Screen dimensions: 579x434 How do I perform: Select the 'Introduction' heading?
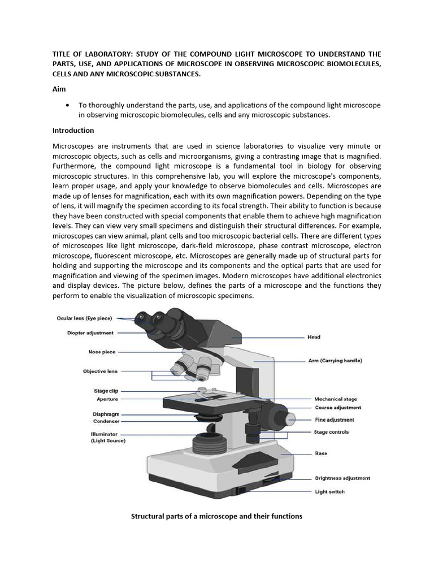tap(73, 130)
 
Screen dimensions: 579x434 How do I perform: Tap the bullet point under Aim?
tap(68, 105)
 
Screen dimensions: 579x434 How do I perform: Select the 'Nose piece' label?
tap(102, 352)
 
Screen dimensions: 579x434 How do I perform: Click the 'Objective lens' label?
tap(100, 371)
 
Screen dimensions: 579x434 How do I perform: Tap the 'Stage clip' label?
tap(105, 391)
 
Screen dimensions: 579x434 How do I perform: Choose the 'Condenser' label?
tap(106, 421)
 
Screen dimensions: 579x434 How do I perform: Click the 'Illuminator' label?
tap(104, 434)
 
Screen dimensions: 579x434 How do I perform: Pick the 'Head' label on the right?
tap(314, 337)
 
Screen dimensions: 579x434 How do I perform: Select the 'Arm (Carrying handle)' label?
tap(335, 360)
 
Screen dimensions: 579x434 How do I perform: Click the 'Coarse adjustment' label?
tap(338, 408)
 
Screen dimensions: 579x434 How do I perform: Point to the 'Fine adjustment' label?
tap(335, 420)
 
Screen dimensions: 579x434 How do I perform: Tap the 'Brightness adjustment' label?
tap(342, 478)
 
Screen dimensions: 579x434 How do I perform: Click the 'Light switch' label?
tap(329, 491)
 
